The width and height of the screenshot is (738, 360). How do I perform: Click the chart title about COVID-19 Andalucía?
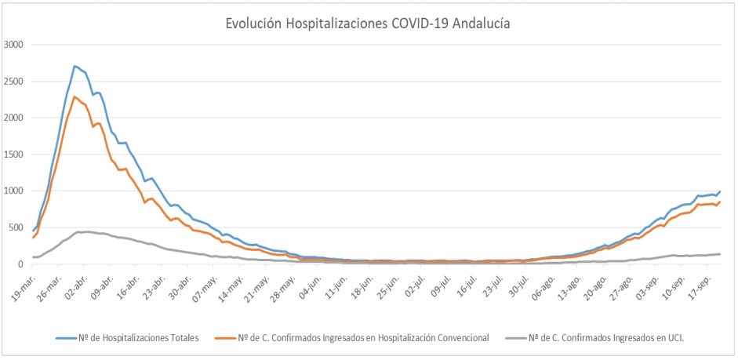click(x=368, y=24)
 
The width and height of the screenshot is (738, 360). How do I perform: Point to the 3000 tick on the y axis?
click(x=14, y=45)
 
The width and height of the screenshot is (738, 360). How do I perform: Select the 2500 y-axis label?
click(x=14, y=82)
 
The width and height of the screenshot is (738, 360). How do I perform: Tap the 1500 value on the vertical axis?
click(x=14, y=155)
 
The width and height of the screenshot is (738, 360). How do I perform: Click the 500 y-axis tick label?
click(x=16, y=227)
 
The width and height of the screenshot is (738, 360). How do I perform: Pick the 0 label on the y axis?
click(x=21, y=264)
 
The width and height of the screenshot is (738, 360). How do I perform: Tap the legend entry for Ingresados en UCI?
click(x=601, y=338)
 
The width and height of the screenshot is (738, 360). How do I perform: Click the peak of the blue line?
click(x=75, y=66)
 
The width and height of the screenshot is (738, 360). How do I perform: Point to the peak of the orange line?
click(x=75, y=96)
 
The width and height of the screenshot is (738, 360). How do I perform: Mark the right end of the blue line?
click(x=720, y=191)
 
